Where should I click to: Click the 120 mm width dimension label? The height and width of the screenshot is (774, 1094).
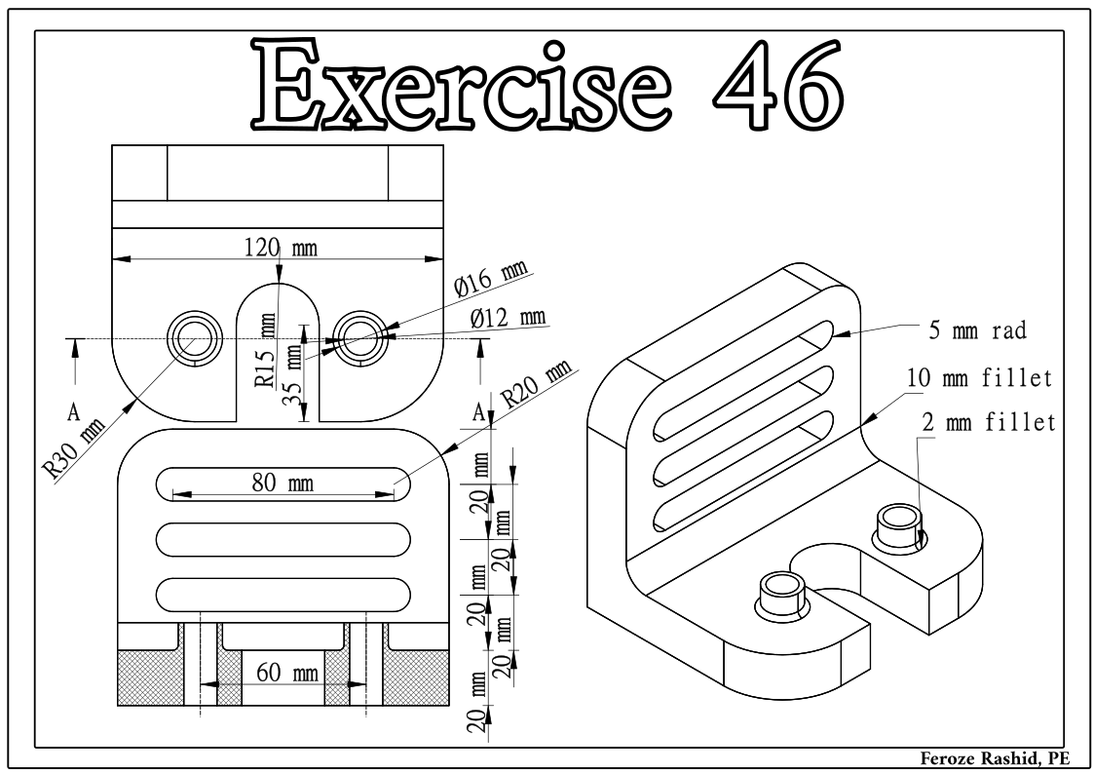(x=279, y=248)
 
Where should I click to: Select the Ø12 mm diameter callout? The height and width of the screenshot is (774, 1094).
(x=507, y=318)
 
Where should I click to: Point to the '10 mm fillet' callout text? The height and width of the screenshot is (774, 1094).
(x=979, y=377)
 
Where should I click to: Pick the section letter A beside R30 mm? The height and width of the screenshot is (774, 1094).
(x=73, y=412)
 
